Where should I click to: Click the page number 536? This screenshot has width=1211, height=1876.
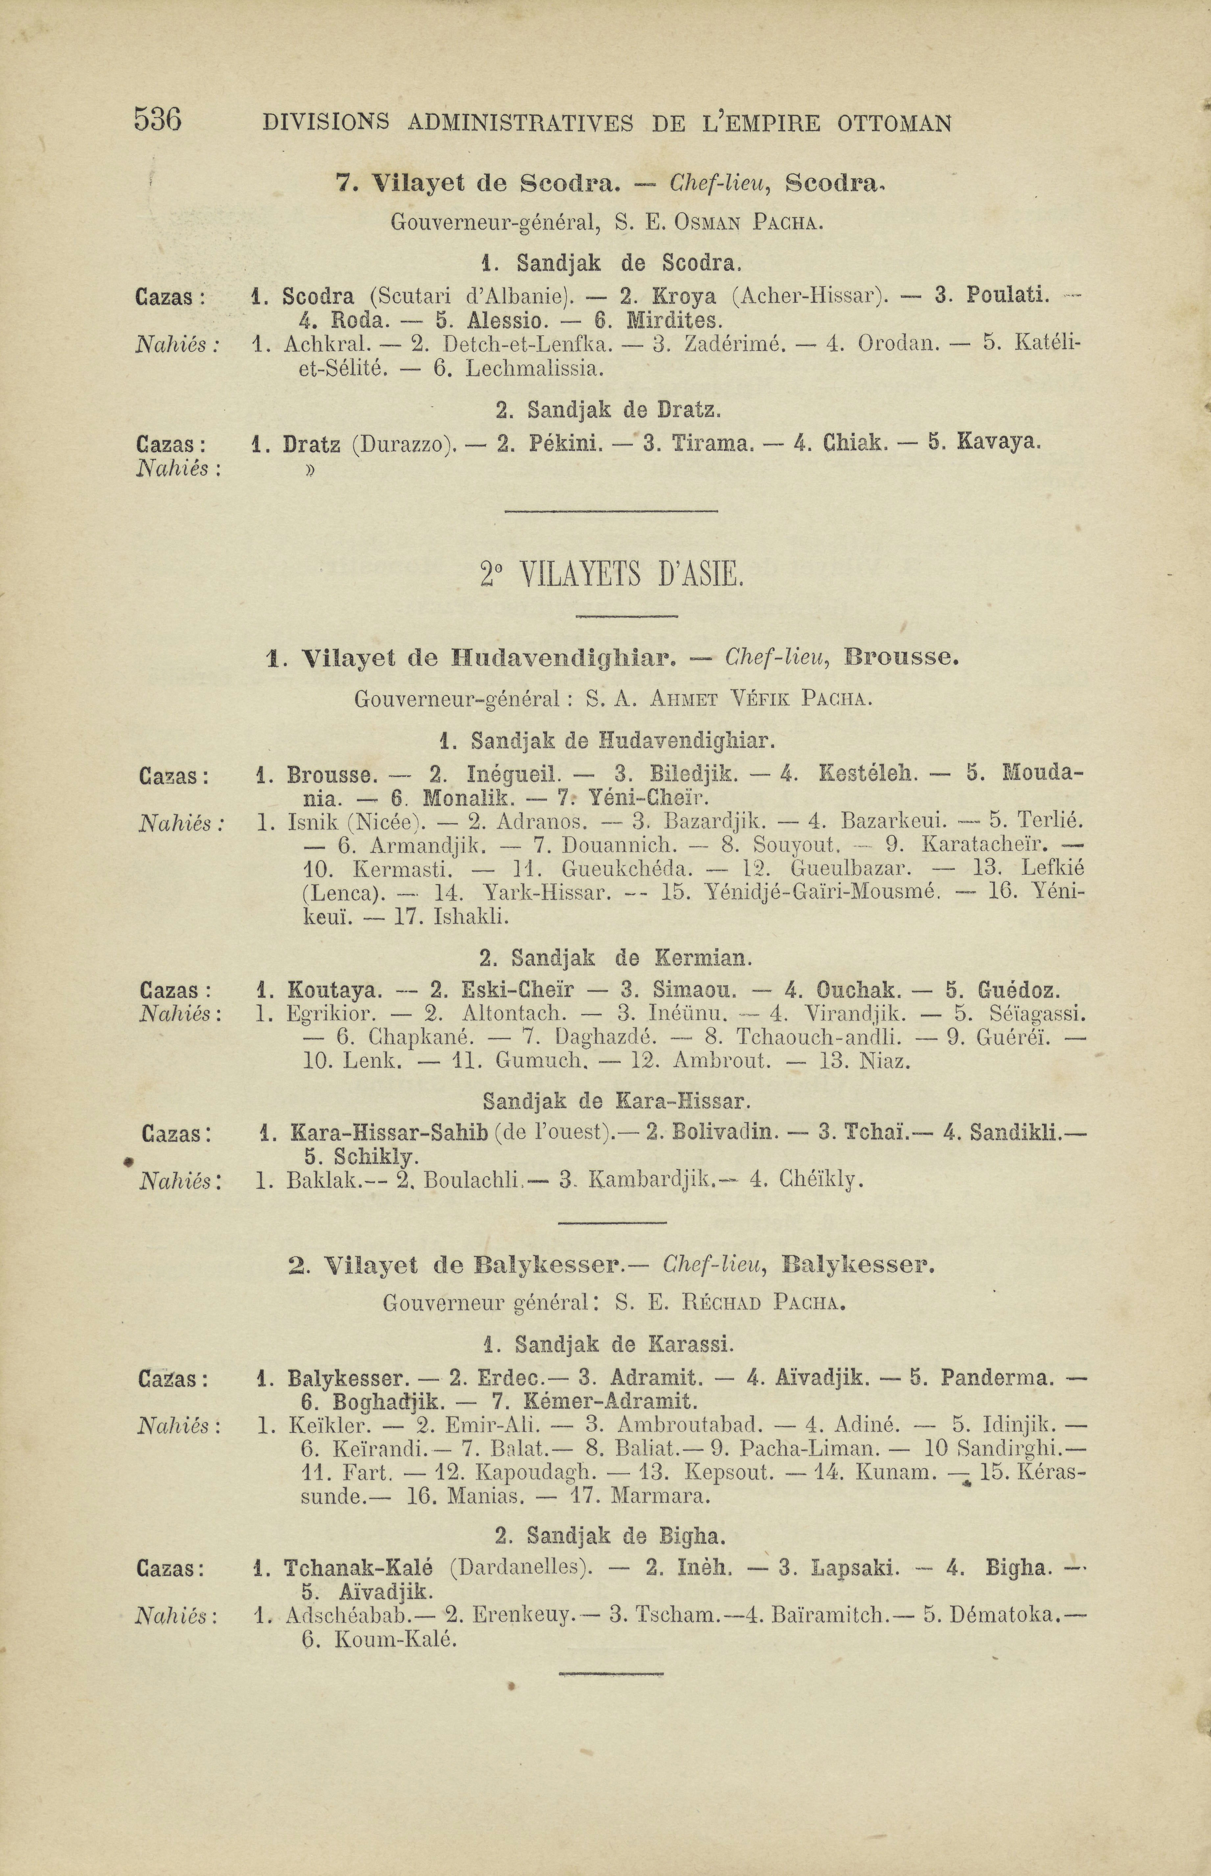click(158, 120)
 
